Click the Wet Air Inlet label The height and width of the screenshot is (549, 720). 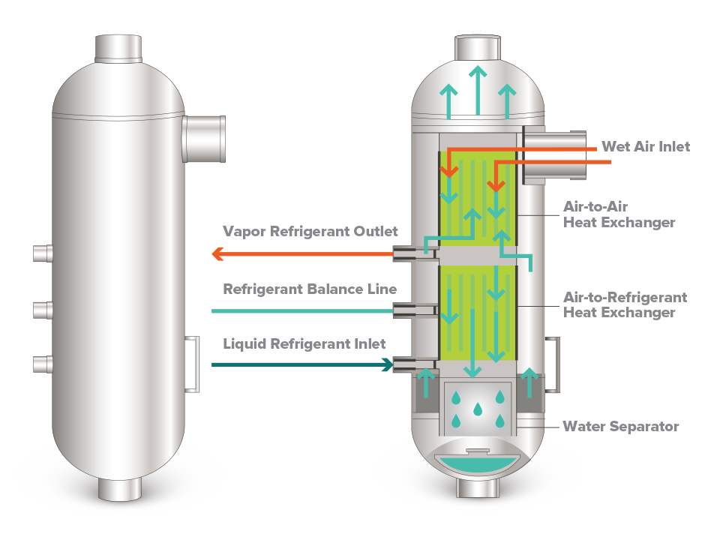click(x=646, y=146)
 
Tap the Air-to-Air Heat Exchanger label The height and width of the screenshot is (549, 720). click(x=619, y=214)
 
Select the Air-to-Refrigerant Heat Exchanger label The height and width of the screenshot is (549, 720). click(x=625, y=304)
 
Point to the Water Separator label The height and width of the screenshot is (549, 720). click(x=621, y=427)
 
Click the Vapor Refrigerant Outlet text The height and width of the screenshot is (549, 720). click(x=310, y=231)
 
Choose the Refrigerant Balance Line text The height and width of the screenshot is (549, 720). click(x=310, y=289)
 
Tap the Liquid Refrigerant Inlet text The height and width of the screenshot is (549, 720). click(x=304, y=343)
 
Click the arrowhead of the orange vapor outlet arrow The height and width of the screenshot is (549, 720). click(x=217, y=253)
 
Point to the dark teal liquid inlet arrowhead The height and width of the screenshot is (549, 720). click(x=388, y=365)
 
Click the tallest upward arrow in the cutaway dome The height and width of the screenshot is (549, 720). click(x=478, y=90)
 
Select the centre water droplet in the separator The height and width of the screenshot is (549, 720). click(x=478, y=409)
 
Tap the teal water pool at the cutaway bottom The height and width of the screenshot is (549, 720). click(x=478, y=464)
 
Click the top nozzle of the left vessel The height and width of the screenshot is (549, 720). click(x=118, y=48)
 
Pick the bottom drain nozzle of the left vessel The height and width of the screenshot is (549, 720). click(x=119, y=489)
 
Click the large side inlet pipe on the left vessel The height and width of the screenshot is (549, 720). click(x=204, y=139)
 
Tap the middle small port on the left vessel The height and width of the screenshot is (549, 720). click(x=43, y=310)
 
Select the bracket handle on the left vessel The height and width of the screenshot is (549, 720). click(x=193, y=364)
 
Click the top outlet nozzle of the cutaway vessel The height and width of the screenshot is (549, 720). click(x=478, y=47)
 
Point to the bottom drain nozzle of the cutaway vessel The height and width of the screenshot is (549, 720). click(x=478, y=488)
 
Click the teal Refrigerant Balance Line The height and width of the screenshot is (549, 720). click(x=302, y=311)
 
